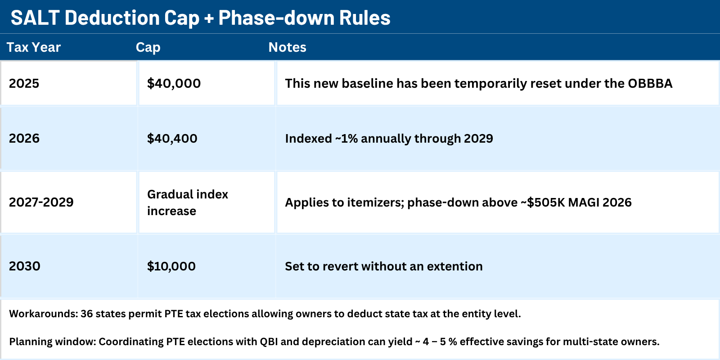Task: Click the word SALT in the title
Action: tap(35, 18)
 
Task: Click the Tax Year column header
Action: tap(33, 47)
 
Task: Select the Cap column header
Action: tap(148, 47)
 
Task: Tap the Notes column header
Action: tap(287, 47)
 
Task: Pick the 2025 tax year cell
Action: tap(24, 83)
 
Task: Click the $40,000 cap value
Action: tap(174, 83)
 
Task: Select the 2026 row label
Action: tap(24, 138)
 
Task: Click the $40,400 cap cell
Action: tap(172, 138)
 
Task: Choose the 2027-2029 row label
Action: tap(41, 202)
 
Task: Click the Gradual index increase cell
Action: tap(188, 202)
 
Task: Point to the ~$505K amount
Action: tap(542, 202)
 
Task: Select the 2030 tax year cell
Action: tap(25, 266)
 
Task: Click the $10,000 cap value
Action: tap(171, 266)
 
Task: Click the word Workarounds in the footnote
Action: tap(43, 314)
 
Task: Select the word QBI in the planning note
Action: tap(269, 342)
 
